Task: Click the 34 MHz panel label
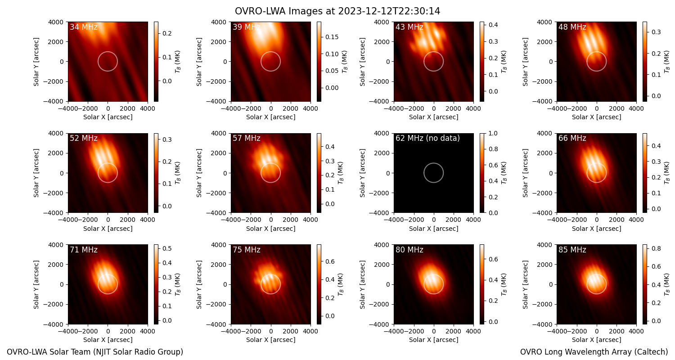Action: pyautogui.click(x=84, y=27)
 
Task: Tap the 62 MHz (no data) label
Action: pyautogui.click(x=427, y=138)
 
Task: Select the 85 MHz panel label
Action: pyautogui.click(x=572, y=250)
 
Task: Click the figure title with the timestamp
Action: pyautogui.click(x=337, y=11)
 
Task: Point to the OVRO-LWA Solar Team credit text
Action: pyautogui.click(x=95, y=352)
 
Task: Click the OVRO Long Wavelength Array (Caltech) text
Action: pyautogui.click(x=594, y=352)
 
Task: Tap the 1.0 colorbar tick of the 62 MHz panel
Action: pyautogui.click(x=493, y=133)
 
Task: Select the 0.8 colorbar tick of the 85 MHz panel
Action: pyautogui.click(x=656, y=248)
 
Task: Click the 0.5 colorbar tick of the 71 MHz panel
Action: pyautogui.click(x=167, y=248)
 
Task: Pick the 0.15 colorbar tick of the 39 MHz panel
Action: pyautogui.click(x=332, y=37)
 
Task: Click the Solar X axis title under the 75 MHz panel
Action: pyautogui.click(x=270, y=340)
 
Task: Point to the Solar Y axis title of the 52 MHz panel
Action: pyautogui.click(x=36, y=173)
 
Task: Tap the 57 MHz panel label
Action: pyautogui.click(x=247, y=138)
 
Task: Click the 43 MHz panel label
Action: pyautogui.click(x=409, y=27)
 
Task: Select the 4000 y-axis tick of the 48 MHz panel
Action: pyautogui.click(x=544, y=22)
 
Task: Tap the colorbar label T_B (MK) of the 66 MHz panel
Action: pyautogui.click(x=667, y=173)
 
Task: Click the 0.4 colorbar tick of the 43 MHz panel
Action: pyautogui.click(x=493, y=25)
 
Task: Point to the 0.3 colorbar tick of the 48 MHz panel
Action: pyautogui.click(x=656, y=32)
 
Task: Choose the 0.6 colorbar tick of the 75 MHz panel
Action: pyautogui.click(x=330, y=261)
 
